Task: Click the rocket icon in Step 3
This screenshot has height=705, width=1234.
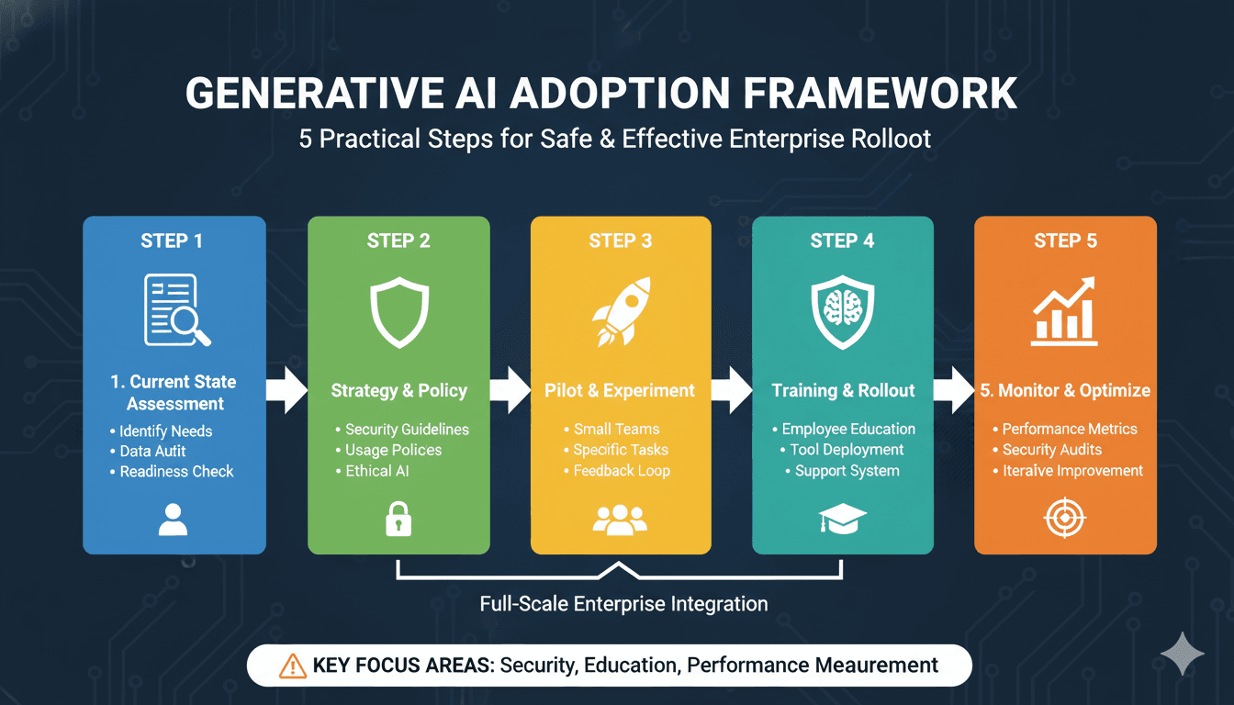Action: pyautogui.click(x=621, y=312)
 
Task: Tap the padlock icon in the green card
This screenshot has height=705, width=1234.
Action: pyautogui.click(x=398, y=519)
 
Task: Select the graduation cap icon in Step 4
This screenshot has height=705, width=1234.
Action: pyautogui.click(x=842, y=519)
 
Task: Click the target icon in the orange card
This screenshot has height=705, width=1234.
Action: pyautogui.click(x=1065, y=518)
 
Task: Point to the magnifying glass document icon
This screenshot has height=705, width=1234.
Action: pyautogui.click(x=177, y=310)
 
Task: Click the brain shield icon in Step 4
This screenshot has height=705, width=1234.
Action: pyautogui.click(x=842, y=312)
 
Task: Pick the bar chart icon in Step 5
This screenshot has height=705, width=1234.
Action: pyautogui.click(x=1064, y=311)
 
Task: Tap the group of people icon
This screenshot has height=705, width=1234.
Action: pyautogui.click(x=620, y=520)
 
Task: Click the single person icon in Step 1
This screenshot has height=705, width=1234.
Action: pyautogui.click(x=173, y=520)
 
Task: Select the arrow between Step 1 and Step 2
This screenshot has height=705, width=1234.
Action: pyautogui.click(x=286, y=390)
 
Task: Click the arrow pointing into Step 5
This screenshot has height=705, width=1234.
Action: pyautogui.click(x=954, y=390)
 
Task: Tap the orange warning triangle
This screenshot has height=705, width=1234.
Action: pyautogui.click(x=293, y=666)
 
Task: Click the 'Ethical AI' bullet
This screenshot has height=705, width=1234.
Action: pyautogui.click(x=373, y=471)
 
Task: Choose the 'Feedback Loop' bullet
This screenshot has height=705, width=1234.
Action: pyautogui.click(x=617, y=471)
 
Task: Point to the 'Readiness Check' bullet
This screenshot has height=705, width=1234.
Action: pyautogui.click(x=172, y=472)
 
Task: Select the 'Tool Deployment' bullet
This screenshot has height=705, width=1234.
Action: pyautogui.click(x=842, y=450)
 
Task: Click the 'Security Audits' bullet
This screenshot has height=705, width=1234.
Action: pyautogui.click(x=1048, y=450)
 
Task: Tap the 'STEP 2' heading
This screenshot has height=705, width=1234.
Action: pyautogui.click(x=398, y=241)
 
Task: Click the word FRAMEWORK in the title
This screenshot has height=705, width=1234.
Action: pyautogui.click(x=880, y=94)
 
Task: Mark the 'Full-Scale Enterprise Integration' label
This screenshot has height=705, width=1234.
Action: pyautogui.click(x=623, y=604)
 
